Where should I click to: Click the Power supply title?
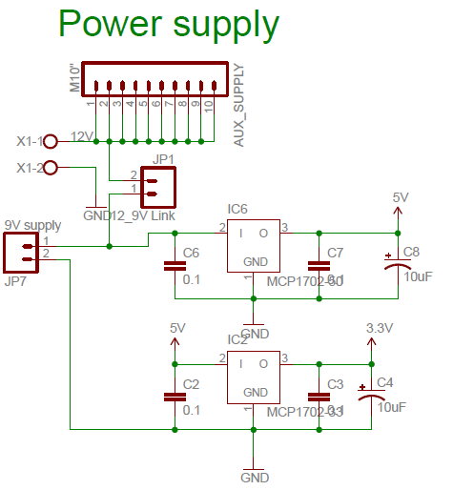pyautogui.click(x=169, y=25)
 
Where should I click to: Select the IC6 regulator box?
pyautogui.click(x=253, y=246)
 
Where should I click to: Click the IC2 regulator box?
pyautogui.click(x=253, y=378)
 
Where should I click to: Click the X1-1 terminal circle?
pyautogui.click(x=51, y=141)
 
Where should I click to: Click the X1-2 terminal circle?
pyautogui.click(x=51, y=168)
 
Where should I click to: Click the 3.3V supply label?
pyautogui.click(x=380, y=327)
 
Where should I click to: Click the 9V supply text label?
pyautogui.click(x=32, y=225)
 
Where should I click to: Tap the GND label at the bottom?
pyautogui.click(x=255, y=477)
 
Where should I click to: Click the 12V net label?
pyautogui.click(x=82, y=137)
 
